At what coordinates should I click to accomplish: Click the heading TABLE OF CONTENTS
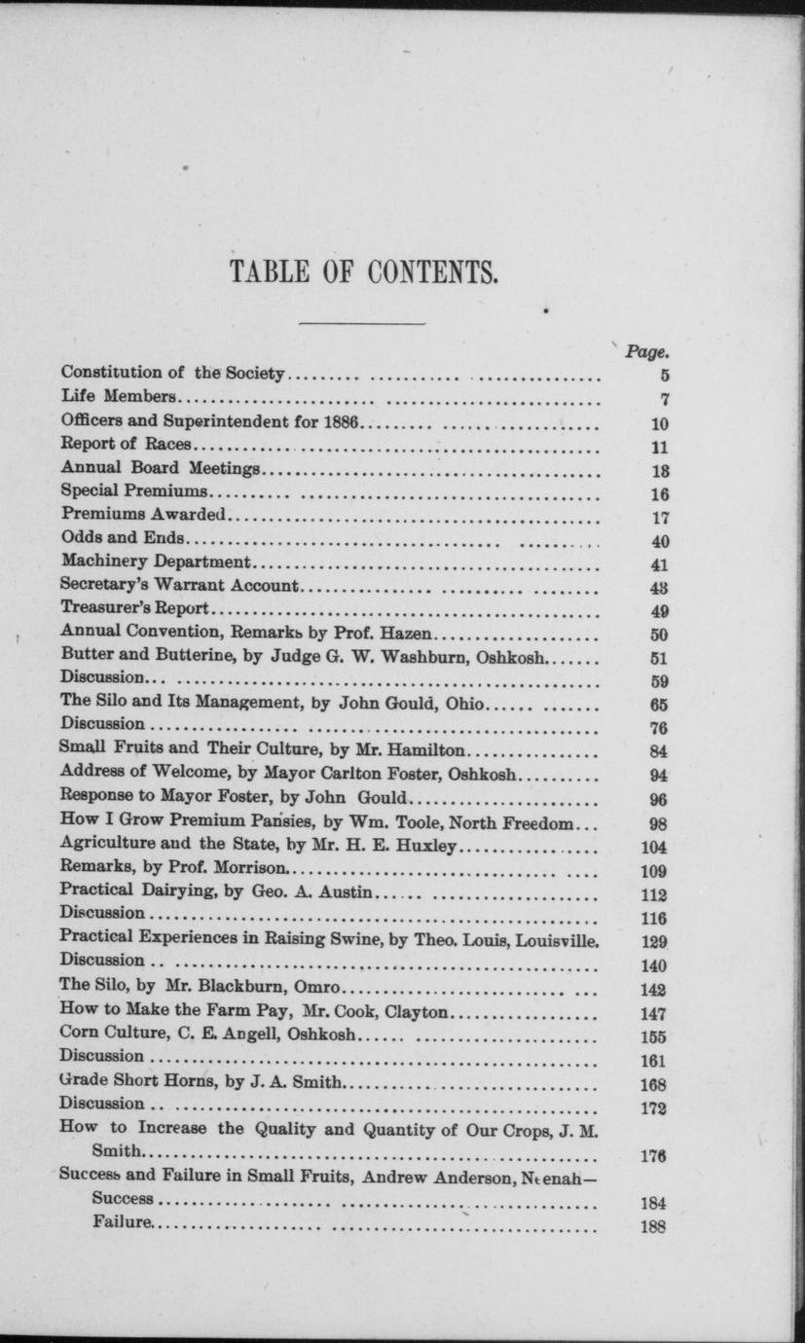362,271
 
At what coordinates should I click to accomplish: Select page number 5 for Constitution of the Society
664,375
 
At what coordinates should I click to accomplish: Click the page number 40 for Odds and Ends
659,541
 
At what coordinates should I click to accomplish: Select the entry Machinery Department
156,562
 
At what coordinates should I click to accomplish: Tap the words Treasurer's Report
134,609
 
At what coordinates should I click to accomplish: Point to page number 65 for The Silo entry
658,704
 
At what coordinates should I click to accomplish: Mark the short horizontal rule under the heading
362,321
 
